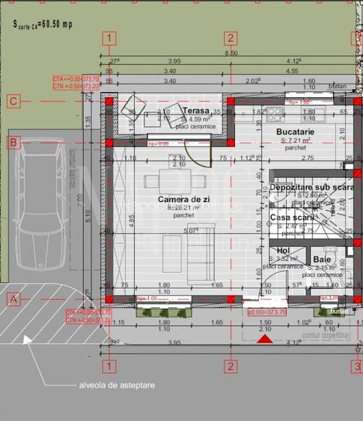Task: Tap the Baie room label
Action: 323,259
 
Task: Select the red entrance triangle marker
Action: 264,339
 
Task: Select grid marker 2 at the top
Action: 231,38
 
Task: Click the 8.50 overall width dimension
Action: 232,53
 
